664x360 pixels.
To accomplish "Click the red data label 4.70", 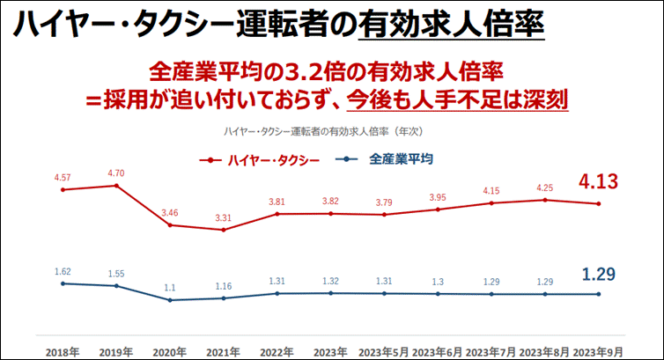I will coord(116,173).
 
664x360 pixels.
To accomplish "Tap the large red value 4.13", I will coord(601,182).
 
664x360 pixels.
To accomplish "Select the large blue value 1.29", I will coord(601,274).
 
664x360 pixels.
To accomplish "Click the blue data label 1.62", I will coord(63,272).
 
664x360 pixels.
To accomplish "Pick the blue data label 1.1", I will coord(170,288).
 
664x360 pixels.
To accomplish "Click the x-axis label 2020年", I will coord(170,351).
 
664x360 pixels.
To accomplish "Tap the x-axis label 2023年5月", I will coord(384,351).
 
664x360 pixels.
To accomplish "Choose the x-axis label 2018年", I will coord(63,351).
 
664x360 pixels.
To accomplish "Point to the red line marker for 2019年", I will coord(116,185).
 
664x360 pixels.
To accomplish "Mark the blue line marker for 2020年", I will coord(170,300).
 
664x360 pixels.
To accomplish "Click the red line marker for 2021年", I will coord(224,230).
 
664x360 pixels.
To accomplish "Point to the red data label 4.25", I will coord(545,187).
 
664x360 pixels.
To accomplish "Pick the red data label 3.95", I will coord(438,197).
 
